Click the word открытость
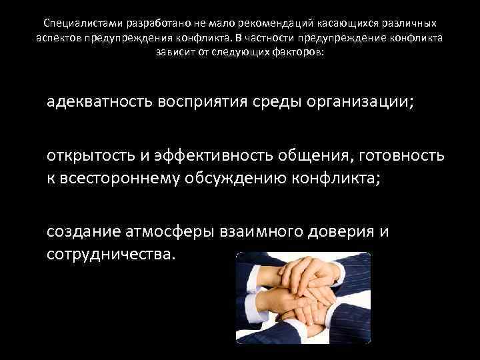(x=91, y=157)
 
